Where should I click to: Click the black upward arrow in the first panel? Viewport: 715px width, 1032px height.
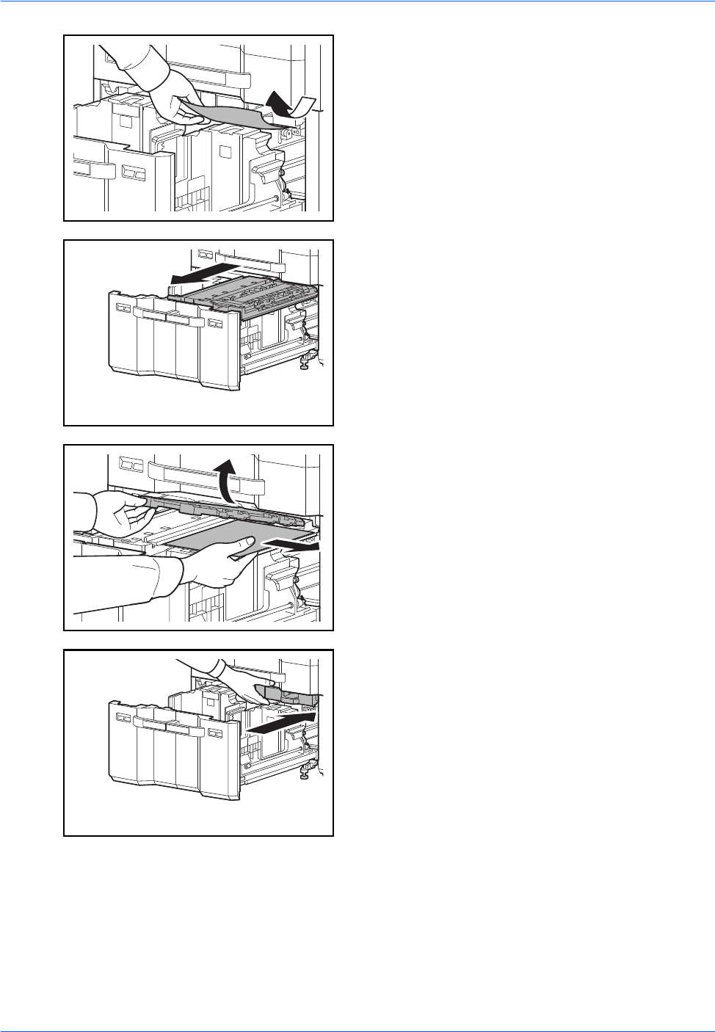coord(277,102)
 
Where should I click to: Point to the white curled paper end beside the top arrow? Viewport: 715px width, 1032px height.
coord(304,107)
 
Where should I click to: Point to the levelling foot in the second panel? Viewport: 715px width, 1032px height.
coord(304,363)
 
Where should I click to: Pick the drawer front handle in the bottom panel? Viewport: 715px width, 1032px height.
coord(167,726)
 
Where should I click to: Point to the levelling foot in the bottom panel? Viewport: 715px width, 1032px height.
coord(304,773)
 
